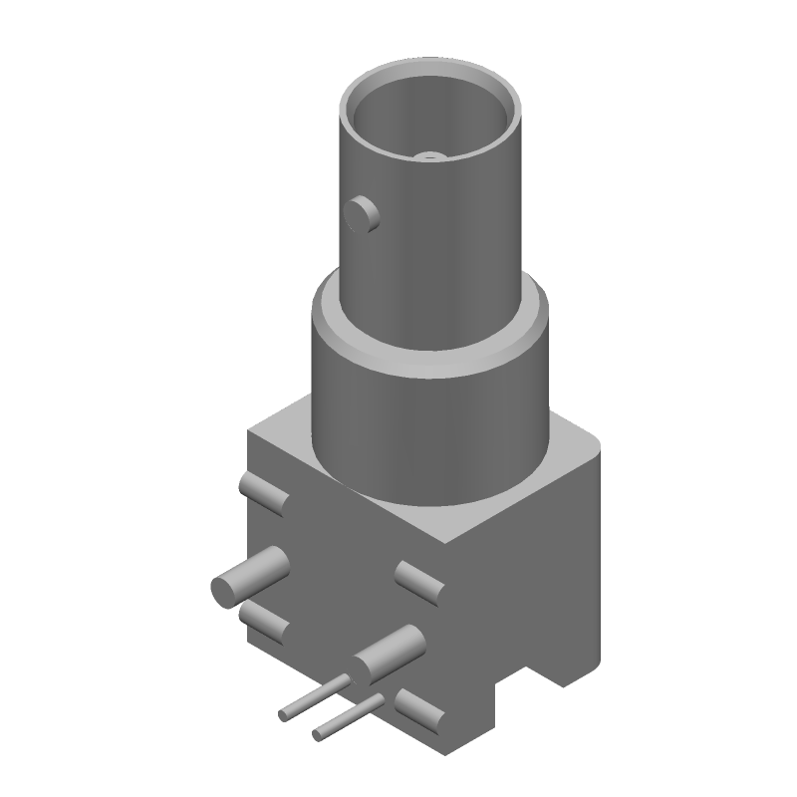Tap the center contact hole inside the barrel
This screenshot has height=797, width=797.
click(x=430, y=155)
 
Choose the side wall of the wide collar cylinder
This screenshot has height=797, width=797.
click(x=428, y=428)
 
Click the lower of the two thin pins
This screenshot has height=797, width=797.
click(x=349, y=719)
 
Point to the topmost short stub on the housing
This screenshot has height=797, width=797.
click(x=263, y=493)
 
